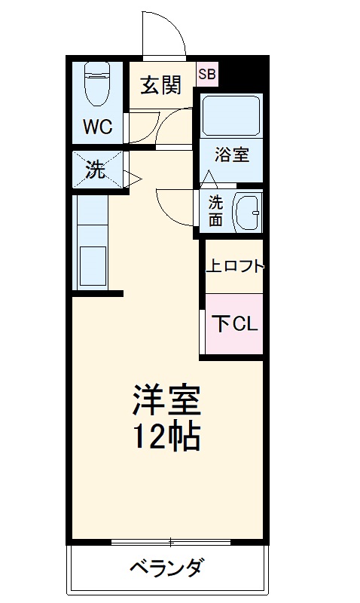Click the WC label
point(97,127)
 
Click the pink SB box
point(207,73)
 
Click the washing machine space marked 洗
point(96,170)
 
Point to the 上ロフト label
point(235,265)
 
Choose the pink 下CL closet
point(234,324)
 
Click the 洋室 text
point(167,400)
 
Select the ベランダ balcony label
point(166,568)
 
